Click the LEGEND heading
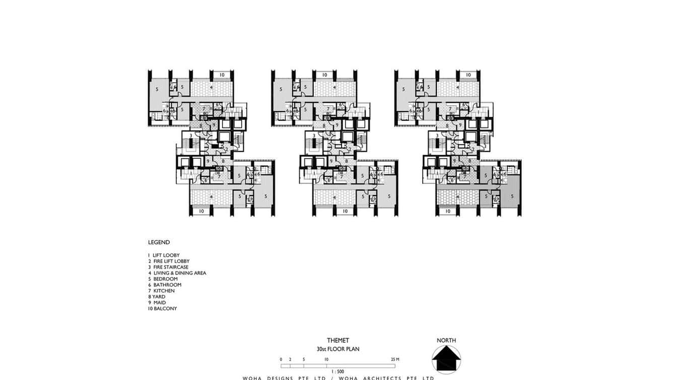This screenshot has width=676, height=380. coord(159,242)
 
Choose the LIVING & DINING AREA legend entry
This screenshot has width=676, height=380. coord(177,273)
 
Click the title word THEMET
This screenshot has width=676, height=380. coord(337,341)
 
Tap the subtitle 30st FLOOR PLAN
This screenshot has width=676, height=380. coord(337,349)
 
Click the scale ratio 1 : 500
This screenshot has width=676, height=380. coord(337,371)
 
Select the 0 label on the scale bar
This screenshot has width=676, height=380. coord(281,359)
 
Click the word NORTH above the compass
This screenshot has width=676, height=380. coord(446,341)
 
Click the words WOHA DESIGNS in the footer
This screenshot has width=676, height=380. coord(275,378)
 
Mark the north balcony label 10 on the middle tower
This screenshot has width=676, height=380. coord(325,75)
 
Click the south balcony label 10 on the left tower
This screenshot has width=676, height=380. coord(201,211)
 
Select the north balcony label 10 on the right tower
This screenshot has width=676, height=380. coord(468,75)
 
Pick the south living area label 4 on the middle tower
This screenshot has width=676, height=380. coord(334,197)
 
